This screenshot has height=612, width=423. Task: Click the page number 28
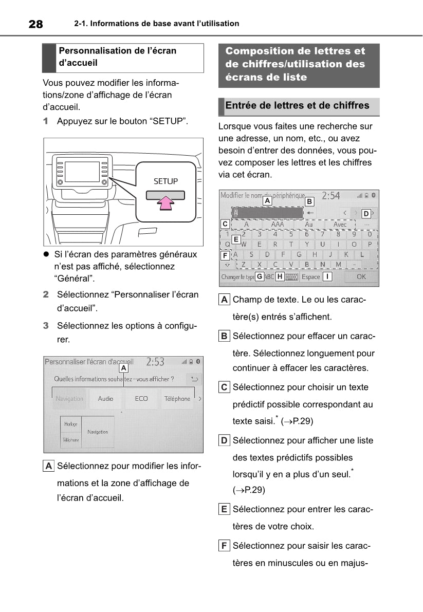[x=35, y=24]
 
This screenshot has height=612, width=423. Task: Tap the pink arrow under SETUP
[x=164, y=203]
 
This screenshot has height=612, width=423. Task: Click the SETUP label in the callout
[x=165, y=181]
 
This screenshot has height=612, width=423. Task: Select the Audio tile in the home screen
[x=105, y=399]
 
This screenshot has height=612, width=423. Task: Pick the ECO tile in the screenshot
[x=141, y=399]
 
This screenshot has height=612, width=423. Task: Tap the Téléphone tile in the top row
[x=177, y=399]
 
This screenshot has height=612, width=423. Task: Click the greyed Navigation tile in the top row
[x=69, y=399]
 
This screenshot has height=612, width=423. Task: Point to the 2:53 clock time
[x=155, y=362]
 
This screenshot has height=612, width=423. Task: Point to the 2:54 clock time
[x=331, y=196]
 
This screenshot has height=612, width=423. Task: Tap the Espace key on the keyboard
[x=310, y=276]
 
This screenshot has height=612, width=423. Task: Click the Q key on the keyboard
[x=228, y=245]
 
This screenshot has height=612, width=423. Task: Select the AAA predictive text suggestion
[x=277, y=225]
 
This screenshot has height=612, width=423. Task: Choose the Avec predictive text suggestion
[x=340, y=225]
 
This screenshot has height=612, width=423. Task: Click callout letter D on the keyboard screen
[x=365, y=213]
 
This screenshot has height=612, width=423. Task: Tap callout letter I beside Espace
[x=327, y=276]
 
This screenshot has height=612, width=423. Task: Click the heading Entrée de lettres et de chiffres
[x=297, y=106]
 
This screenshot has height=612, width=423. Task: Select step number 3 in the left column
[x=46, y=326]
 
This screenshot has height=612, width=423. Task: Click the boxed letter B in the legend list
[x=224, y=336]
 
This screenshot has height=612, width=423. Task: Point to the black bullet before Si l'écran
[x=46, y=254]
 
